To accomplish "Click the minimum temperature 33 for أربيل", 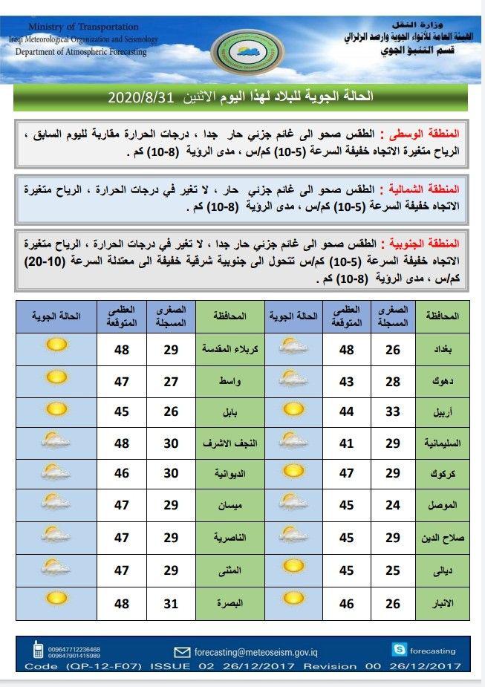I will (394, 411).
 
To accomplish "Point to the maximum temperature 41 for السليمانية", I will (347, 443).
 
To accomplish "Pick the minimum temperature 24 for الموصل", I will (394, 506).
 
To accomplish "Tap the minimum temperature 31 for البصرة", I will (170, 602).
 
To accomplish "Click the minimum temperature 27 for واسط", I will (170, 381).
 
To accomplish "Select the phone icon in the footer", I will (37, 651).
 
